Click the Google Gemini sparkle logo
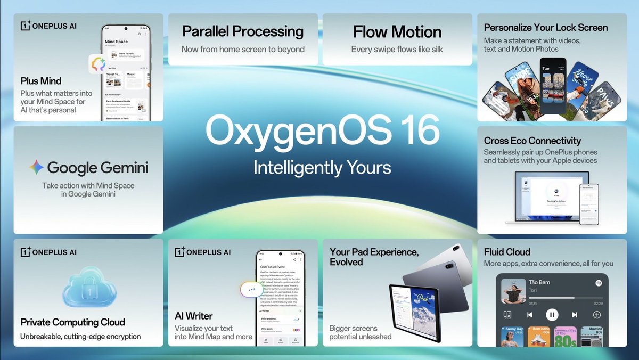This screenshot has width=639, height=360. point(37,167)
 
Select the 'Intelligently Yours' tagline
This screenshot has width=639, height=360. point(322,167)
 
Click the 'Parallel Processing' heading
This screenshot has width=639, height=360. point(243,31)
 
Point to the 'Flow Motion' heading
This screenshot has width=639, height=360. point(397,31)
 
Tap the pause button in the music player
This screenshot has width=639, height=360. point(552,315)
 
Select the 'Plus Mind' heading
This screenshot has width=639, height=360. point(41,81)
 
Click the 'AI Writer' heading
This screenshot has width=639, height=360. point(194,316)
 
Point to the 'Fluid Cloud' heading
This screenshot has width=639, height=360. point(507,251)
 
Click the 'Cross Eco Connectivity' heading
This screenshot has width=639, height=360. point(532,141)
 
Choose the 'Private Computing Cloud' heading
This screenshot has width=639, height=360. point(73,322)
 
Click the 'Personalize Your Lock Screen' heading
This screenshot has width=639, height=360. point(546,28)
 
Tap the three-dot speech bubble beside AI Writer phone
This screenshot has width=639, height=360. point(252,290)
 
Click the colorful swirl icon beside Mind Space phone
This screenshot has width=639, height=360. point(98,65)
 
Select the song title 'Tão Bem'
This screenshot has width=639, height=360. point(539,282)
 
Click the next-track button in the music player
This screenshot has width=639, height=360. point(575,315)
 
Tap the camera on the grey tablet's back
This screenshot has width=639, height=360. point(449,265)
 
